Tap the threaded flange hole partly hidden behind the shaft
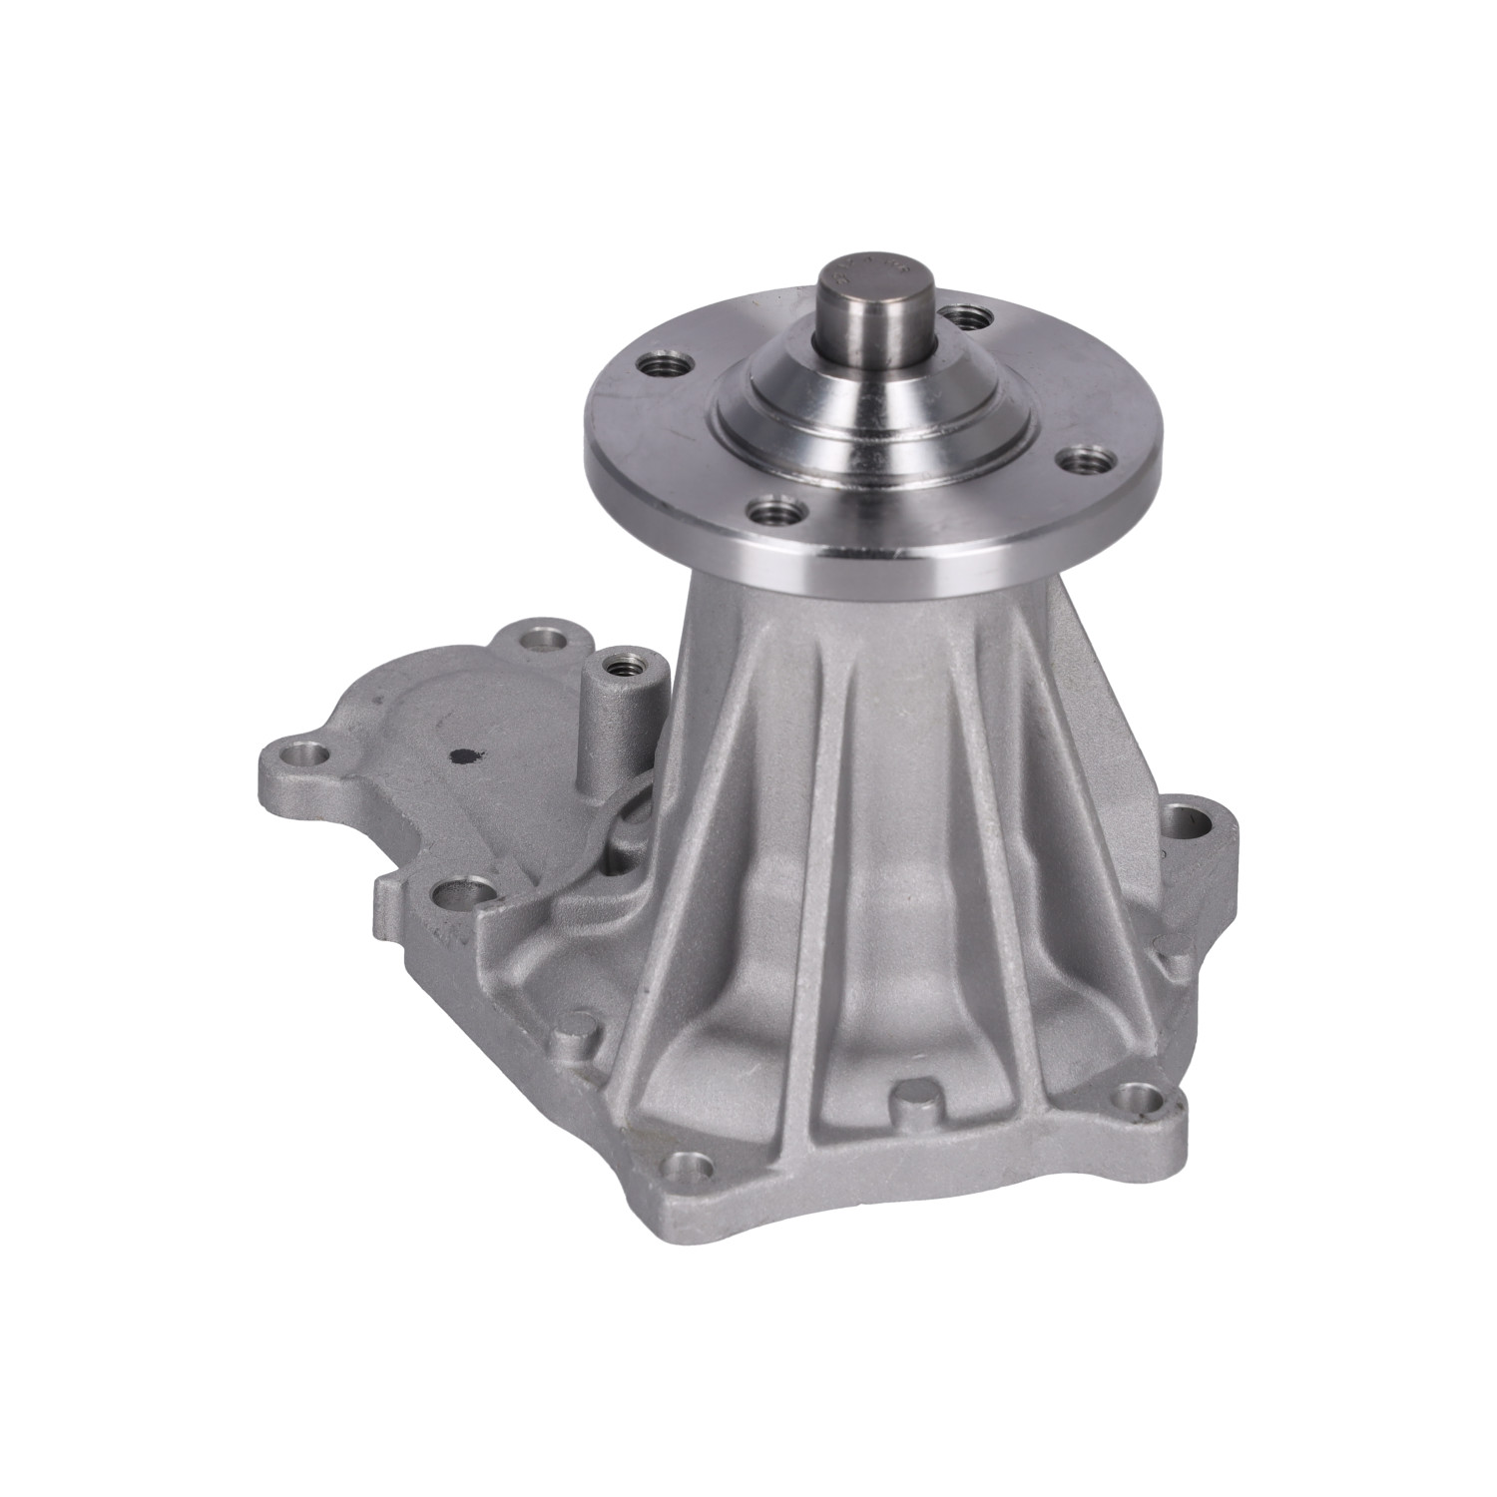(964, 318)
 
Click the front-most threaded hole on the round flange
(773, 516)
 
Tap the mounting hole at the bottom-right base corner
(1136, 1099)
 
